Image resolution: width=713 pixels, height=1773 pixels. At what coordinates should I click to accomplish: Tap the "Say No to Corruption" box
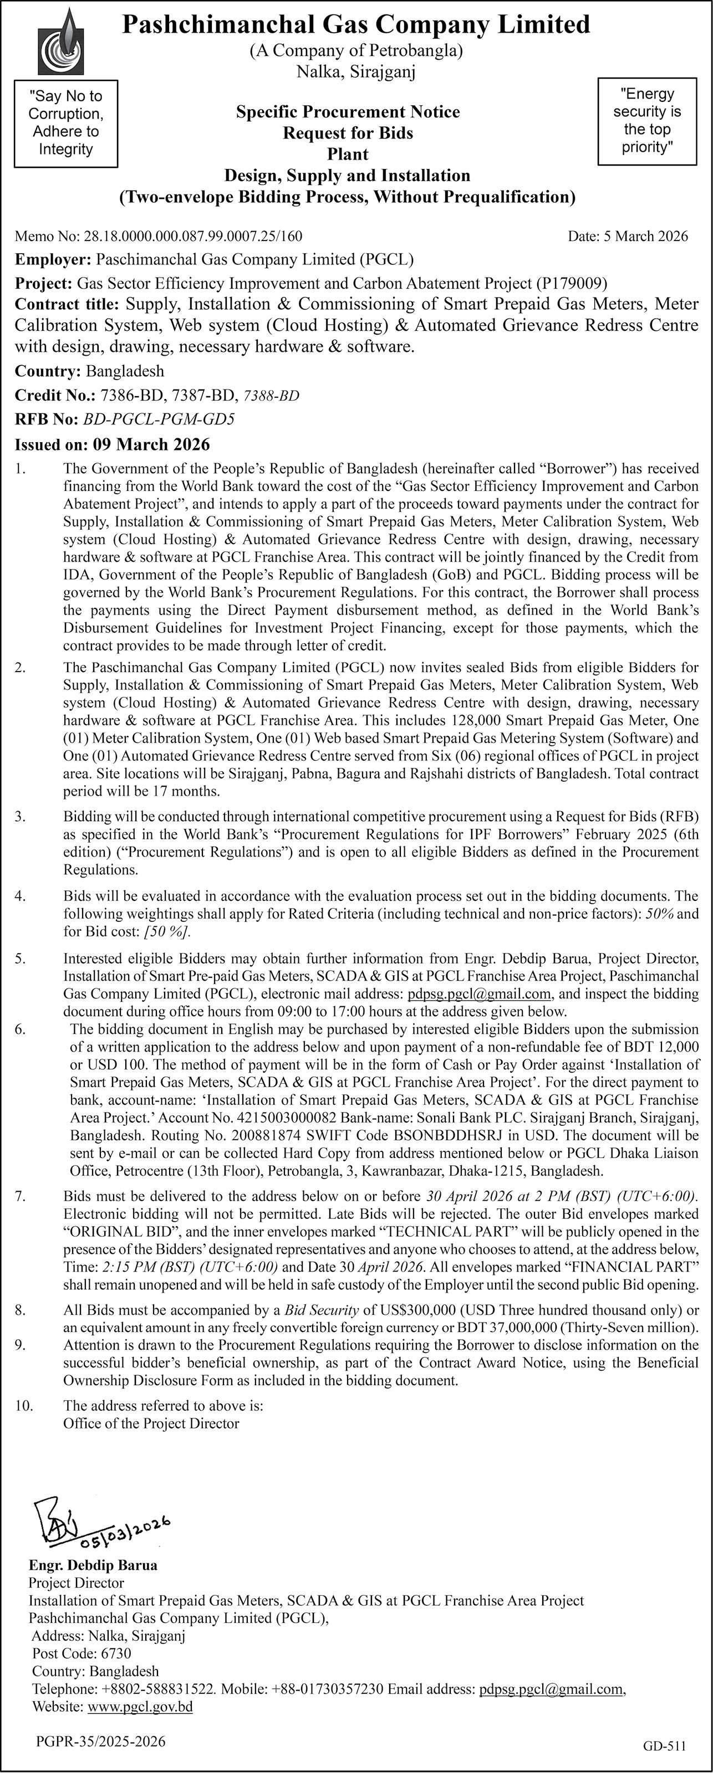point(65,123)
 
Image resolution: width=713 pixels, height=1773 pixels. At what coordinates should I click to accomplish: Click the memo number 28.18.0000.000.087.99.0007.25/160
point(193,236)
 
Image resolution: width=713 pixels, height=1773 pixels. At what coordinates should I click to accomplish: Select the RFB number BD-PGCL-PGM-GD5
point(159,418)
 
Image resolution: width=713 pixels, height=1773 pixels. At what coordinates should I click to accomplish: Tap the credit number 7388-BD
point(272,395)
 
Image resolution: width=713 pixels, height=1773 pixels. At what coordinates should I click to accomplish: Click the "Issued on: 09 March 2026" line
point(113,444)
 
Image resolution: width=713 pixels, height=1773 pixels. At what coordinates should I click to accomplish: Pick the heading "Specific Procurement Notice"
point(348,111)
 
